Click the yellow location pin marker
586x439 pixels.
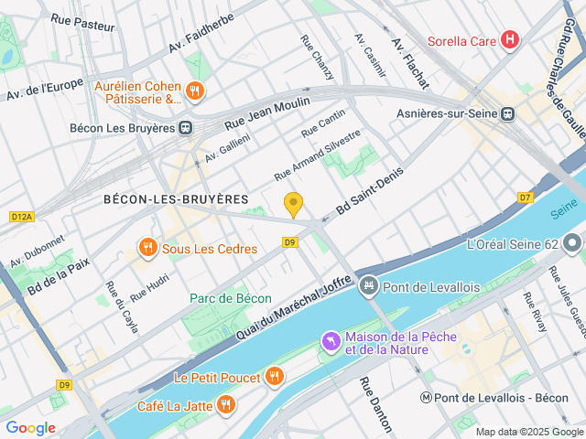point(293,205)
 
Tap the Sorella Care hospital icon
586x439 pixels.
point(511,41)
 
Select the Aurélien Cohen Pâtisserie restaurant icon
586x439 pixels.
point(194,91)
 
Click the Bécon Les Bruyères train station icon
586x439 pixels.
point(186,128)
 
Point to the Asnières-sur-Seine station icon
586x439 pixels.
point(507,113)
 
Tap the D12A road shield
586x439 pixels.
point(21,217)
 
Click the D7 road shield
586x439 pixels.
point(525,197)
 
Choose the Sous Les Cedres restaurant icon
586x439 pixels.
point(146,247)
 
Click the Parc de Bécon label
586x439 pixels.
point(231,298)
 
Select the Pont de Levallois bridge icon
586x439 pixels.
point(368,287)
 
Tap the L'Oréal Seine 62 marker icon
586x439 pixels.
point(572,244)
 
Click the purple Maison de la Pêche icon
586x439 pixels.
point(330,342)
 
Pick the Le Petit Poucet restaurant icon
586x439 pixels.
point(274,376)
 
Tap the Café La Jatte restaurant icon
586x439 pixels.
point(225,405)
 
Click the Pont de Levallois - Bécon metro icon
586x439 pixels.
point(427,398)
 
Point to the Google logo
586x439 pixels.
point(30,428)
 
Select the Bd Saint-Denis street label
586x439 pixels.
point(369,197)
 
